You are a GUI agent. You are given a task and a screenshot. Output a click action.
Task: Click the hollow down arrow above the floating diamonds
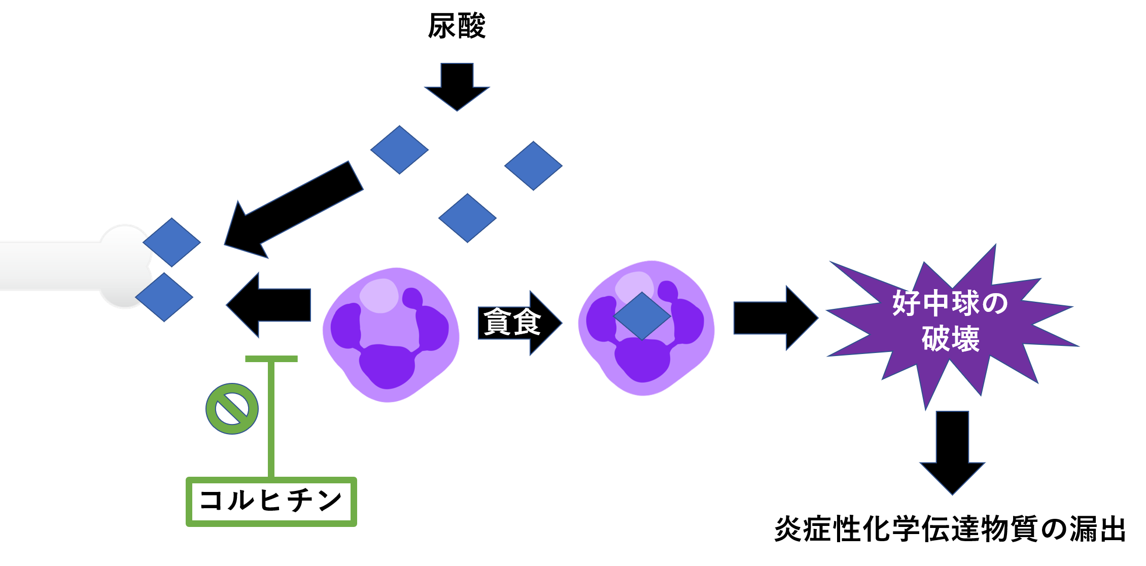(x=457, y=86)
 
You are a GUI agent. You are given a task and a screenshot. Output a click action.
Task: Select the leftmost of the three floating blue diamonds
(x=399, y=150)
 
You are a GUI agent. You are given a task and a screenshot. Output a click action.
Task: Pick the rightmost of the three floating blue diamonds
(x=533, y=166)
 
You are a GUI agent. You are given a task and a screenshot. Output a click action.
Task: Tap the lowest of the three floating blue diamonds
(x=467, y=218)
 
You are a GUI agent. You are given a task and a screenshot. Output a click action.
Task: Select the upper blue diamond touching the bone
(x=172, y=242)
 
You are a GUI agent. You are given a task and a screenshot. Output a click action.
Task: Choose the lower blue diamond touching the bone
(x=164, y=297)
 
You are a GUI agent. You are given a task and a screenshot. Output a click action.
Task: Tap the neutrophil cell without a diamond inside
(x=391, y=335)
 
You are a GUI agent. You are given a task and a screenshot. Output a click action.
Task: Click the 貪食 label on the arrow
(x=512, y=322)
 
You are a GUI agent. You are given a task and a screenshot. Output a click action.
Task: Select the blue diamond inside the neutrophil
(x=642, y=316)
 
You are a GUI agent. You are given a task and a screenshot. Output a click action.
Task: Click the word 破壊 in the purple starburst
(x=950, y=339)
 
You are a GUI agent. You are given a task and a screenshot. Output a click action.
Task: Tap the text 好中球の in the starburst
(x=950, y=304)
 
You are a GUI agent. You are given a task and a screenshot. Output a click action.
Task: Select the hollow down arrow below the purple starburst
(x=952, y=451)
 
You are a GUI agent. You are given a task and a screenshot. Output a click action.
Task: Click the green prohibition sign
(x=232, y=408)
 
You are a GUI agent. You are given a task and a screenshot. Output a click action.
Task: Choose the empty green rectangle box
(x=271, y=502)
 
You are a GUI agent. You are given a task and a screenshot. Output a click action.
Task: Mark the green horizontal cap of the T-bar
(x=271, y=359)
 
